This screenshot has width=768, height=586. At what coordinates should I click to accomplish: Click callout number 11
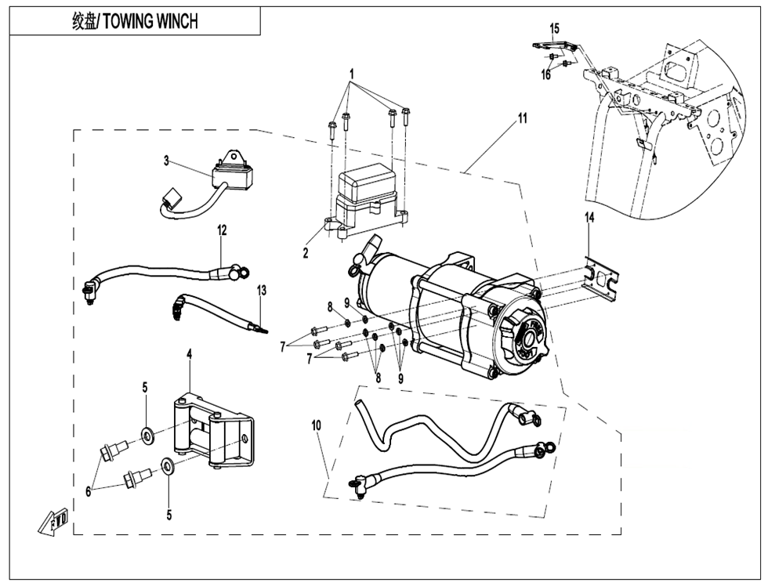click(522, 119)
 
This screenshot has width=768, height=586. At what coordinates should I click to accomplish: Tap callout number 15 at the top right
click(555, 28)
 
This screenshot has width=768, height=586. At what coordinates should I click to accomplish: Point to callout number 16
click(545, 75)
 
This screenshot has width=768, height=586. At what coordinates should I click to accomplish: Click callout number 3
click(166, 161)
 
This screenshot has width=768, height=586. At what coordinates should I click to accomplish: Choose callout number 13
click(262, 290)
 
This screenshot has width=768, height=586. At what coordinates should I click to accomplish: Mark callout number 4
click(189, 354)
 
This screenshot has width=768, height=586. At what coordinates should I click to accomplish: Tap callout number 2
click(306, 253)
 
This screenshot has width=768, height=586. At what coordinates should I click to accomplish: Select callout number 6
click(89, 491)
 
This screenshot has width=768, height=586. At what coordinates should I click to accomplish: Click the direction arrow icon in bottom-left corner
click(54, 522)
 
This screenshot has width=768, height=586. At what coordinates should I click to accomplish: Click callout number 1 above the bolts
click(352, 74)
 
